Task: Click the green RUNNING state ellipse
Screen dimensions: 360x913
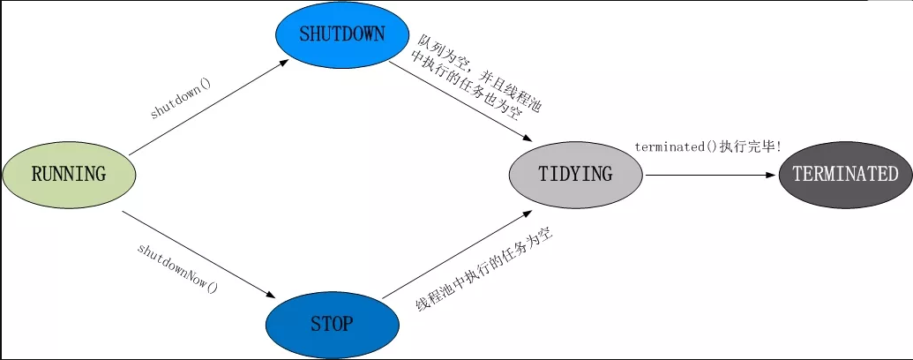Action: point(70,174)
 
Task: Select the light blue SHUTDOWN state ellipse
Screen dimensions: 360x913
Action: point(342,36)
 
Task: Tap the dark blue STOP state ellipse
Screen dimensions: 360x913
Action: point(332,324)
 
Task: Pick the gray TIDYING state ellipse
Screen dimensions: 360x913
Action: point(575,174)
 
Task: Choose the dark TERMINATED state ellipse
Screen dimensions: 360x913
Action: point(844,174)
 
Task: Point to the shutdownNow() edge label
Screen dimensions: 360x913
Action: point(177,268)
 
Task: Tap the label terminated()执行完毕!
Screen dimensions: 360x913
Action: point(707,146)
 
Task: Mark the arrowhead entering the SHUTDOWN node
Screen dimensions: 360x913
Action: point(285,63)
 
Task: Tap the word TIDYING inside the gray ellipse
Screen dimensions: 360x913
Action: point(575,174)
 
